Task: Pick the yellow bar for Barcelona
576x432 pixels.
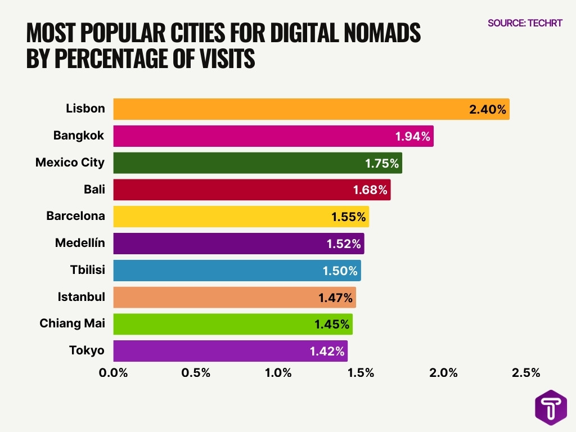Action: [x=225, y=217]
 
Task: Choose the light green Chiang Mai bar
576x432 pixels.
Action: [x=214, y=324]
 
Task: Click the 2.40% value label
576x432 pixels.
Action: [x=488, y=110]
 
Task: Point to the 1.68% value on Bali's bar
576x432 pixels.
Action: [x=370, y=190]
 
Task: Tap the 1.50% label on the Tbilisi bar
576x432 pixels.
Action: [x=340, y=271]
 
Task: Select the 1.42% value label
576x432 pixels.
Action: [x=327, y=352]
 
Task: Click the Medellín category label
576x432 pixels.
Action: [x=80, y=243]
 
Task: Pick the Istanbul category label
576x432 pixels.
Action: [x=81, y=297]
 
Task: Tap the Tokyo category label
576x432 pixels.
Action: [x=87, y=350]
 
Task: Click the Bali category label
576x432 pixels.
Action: [x=94, y=190]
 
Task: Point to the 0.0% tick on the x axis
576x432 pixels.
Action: [x=113, y=373]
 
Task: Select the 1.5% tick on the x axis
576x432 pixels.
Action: [x=361, y=373]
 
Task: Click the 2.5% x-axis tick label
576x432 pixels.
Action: [x=526, y=373]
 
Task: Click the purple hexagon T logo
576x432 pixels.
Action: [x=550, y=408]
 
